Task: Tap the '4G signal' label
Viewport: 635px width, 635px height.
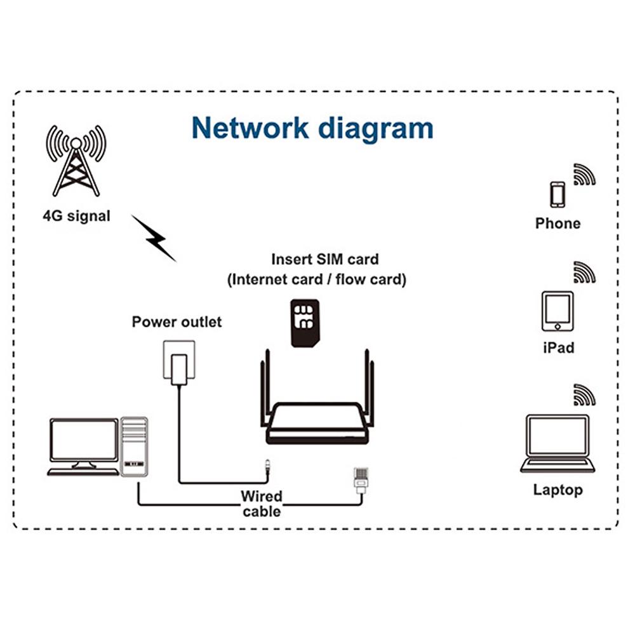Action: [x=76, y=216]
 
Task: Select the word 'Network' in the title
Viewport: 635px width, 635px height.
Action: [x=250, y=128]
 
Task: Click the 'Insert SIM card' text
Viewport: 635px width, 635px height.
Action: [x=324, y=259]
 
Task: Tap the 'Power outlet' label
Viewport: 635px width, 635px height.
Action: [x=177, y=322]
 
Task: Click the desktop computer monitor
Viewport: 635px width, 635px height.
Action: [x=84, y=441]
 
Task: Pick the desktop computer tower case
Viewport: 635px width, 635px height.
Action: [x=134, y=446]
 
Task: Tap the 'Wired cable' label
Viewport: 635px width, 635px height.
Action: [x=261, y=504]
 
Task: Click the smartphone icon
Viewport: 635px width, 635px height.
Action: [x=557, y=195]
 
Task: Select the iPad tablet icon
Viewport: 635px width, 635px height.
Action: [x=557, y=311]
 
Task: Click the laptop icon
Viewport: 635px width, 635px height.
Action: [x=557, y=444]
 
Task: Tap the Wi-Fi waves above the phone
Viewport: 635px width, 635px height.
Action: [x=584, y=174]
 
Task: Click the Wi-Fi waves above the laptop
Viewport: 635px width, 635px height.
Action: [x=584, y=395]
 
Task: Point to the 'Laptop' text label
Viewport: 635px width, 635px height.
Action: [x=557, y=490]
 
